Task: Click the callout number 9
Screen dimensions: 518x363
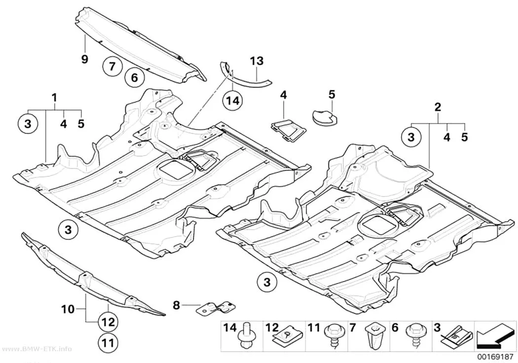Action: click(x=84, y=59)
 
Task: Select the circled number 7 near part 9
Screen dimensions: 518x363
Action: click(x=112, y=67)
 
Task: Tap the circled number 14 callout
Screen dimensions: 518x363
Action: click(x=233, y=100)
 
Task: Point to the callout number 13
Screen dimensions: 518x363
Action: click(x=257, y=61)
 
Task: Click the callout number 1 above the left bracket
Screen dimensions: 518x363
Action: click(x=54, y=98)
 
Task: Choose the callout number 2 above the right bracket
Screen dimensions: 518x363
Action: click(x=438, y=107)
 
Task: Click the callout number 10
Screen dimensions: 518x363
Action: click(x=68, y=310)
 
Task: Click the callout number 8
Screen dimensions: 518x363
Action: click(x=177, y=305)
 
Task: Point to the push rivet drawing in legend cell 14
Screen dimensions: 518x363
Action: click(x=245, y=336)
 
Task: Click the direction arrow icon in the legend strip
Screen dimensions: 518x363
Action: click(x=494, y=338)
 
